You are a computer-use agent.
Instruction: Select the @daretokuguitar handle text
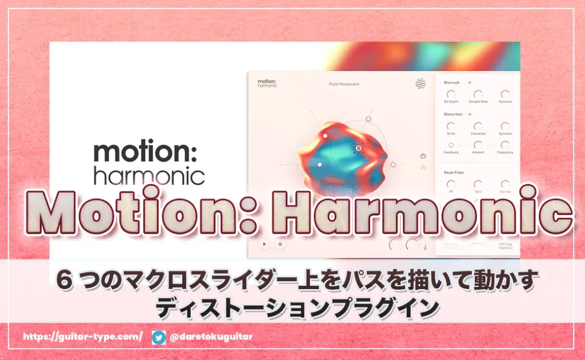[x=211, y=337]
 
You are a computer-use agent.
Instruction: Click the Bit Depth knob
[x=451, y=94]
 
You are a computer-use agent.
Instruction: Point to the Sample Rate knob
[x=478, y=94]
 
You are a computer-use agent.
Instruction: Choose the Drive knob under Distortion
[x=451, y=126]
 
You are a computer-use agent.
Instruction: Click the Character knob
[x=478, y=126]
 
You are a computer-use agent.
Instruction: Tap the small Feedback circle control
[x=451, y=145]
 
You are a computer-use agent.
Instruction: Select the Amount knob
[x=478, y=145]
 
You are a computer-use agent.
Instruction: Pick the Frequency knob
[x=504, y=145]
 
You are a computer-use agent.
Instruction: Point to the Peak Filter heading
[x=454, y=171]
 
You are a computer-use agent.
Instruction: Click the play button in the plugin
[x=264, y=244]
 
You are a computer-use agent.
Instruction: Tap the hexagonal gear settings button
[x=280, y=244]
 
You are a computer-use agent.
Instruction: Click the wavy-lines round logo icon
[x=421, y=84]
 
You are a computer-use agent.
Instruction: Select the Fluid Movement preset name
[x=344, y=84]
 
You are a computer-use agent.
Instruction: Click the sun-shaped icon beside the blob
[x=423, y=155]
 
